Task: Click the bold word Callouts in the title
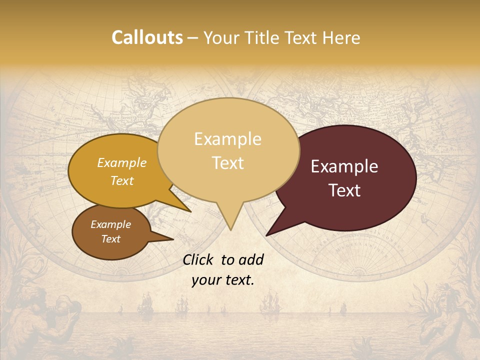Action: (147, 37)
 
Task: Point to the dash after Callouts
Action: (193, 38)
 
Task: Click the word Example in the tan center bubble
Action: (227, 139)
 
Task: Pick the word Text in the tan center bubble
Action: (227, 163)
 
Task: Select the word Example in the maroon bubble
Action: (344, 166)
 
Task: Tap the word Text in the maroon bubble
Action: (344, 190)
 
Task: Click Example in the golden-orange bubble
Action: (122, 163)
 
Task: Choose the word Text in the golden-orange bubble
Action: (122, 180)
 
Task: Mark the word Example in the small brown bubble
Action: (110, 224)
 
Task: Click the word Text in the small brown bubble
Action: (110, 239)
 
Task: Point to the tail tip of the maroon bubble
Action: (266, 235)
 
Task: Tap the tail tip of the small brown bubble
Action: (173, 239)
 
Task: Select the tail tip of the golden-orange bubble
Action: (190, 211)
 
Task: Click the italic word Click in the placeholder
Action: (199, 259)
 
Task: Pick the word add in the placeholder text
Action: (251, 259)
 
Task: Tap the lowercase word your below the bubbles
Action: (206, 280)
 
